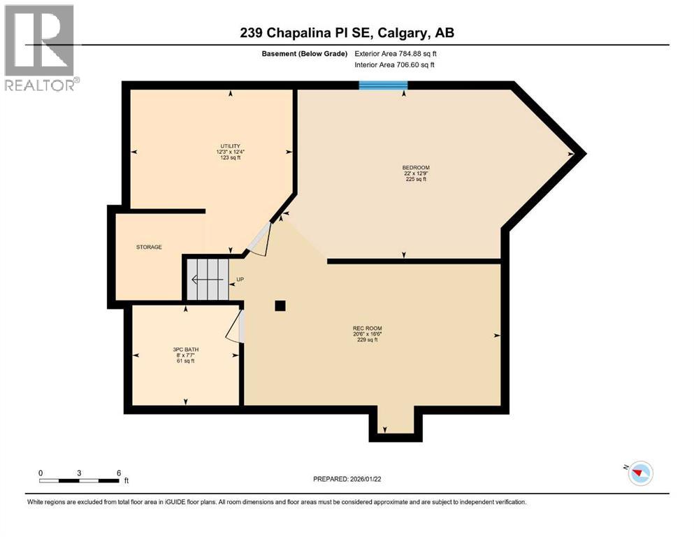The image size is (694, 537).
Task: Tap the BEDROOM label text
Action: (x=415, y=168)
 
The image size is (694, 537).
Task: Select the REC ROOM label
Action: (x=367, y=328)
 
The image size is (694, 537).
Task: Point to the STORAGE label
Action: (x=149, y=247)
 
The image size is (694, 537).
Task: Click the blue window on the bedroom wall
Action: (x=383, y=85)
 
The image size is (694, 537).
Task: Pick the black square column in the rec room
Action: (x=280, y=305)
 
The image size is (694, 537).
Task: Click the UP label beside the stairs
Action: (x=240, y=280)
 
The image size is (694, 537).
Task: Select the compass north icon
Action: (x=639, y=473)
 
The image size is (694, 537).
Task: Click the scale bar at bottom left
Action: (x=79, y=480)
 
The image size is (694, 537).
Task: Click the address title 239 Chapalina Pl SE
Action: (x=347, y=33)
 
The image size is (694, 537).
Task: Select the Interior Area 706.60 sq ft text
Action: (x=395, y=65)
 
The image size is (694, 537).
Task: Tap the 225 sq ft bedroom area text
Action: (x=415, y=180)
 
